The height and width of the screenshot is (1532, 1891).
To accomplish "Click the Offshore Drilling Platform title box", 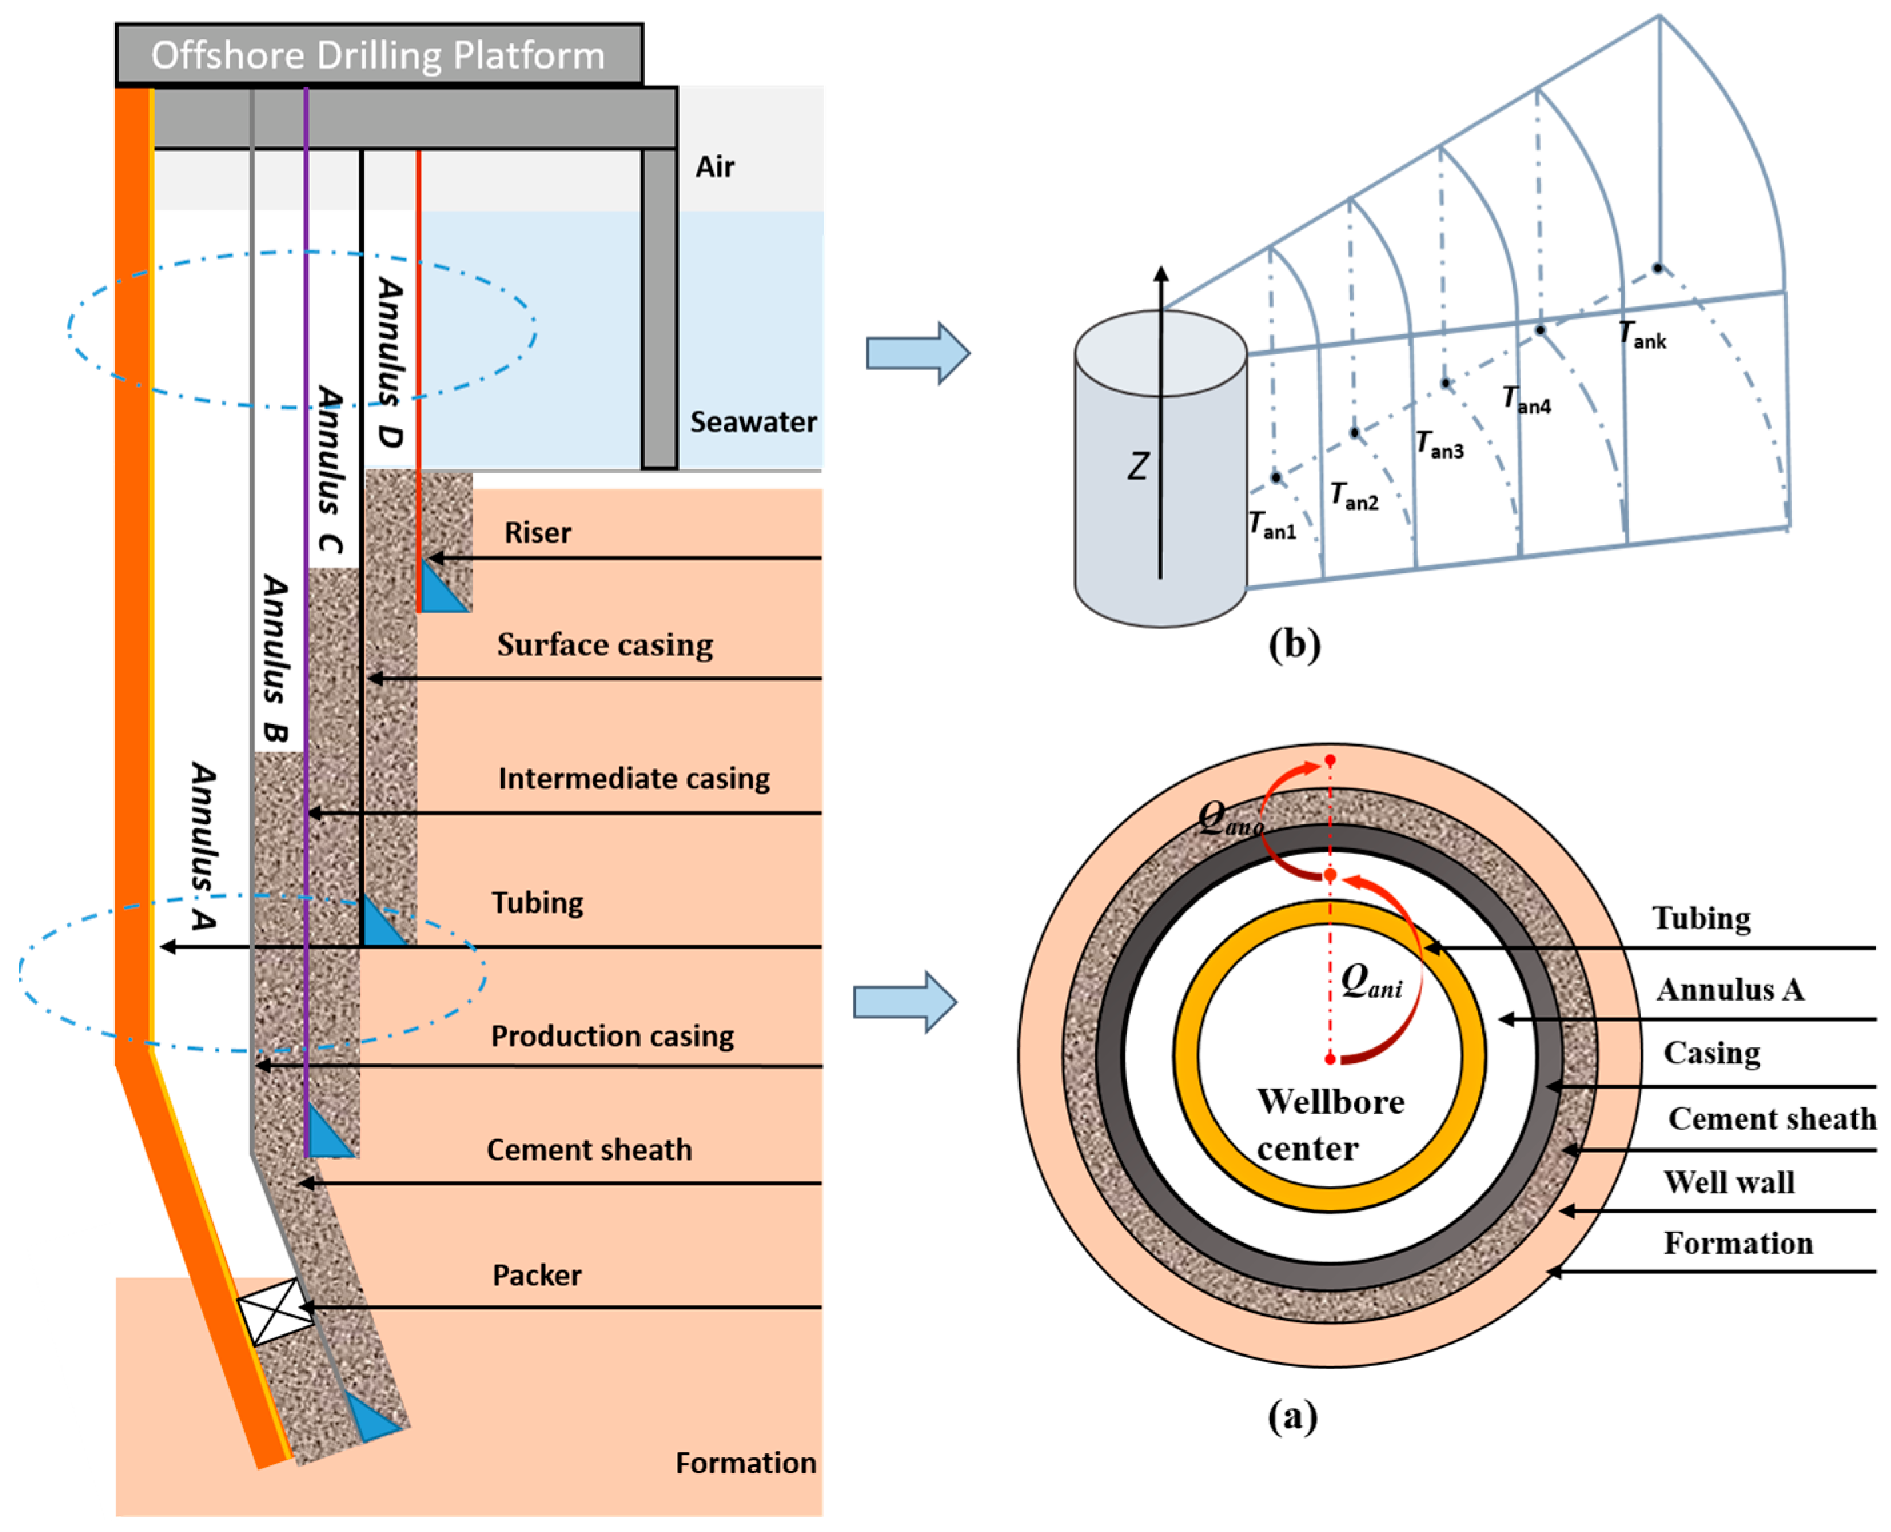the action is pos(378,55).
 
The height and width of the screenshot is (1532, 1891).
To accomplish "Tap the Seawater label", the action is pos(753,422).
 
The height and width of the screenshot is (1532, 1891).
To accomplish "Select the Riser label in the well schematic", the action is pos(537,533).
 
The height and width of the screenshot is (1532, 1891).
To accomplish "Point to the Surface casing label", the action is pos(605,645).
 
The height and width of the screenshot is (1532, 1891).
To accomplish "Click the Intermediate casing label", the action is pos(633,778).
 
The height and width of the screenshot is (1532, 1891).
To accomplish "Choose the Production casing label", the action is pos(611,1036).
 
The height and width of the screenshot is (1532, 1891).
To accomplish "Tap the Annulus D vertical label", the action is pos(390,362).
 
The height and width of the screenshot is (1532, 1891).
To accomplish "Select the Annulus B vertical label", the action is pos(276,658).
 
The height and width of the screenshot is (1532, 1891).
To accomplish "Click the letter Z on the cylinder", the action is pos(1138,466).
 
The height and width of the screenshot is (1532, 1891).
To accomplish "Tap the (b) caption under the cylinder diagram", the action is pos(1294,644).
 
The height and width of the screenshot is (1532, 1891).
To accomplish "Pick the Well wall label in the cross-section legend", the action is pos(1729,1182).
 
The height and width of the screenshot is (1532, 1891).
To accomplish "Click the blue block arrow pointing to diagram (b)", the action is pos(918,353).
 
